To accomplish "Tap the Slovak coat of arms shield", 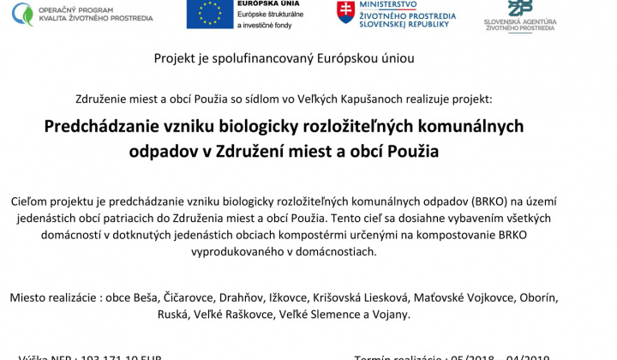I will click(x=346, y=12).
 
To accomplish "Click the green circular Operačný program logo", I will click(x=22, y=13).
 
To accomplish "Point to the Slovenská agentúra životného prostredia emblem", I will click(x=519, y=8).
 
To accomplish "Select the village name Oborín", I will click(x=537, y=298).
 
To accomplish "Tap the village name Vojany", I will click(x=390, y=315).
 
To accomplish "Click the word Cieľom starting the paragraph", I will click(x=32, y=201).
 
